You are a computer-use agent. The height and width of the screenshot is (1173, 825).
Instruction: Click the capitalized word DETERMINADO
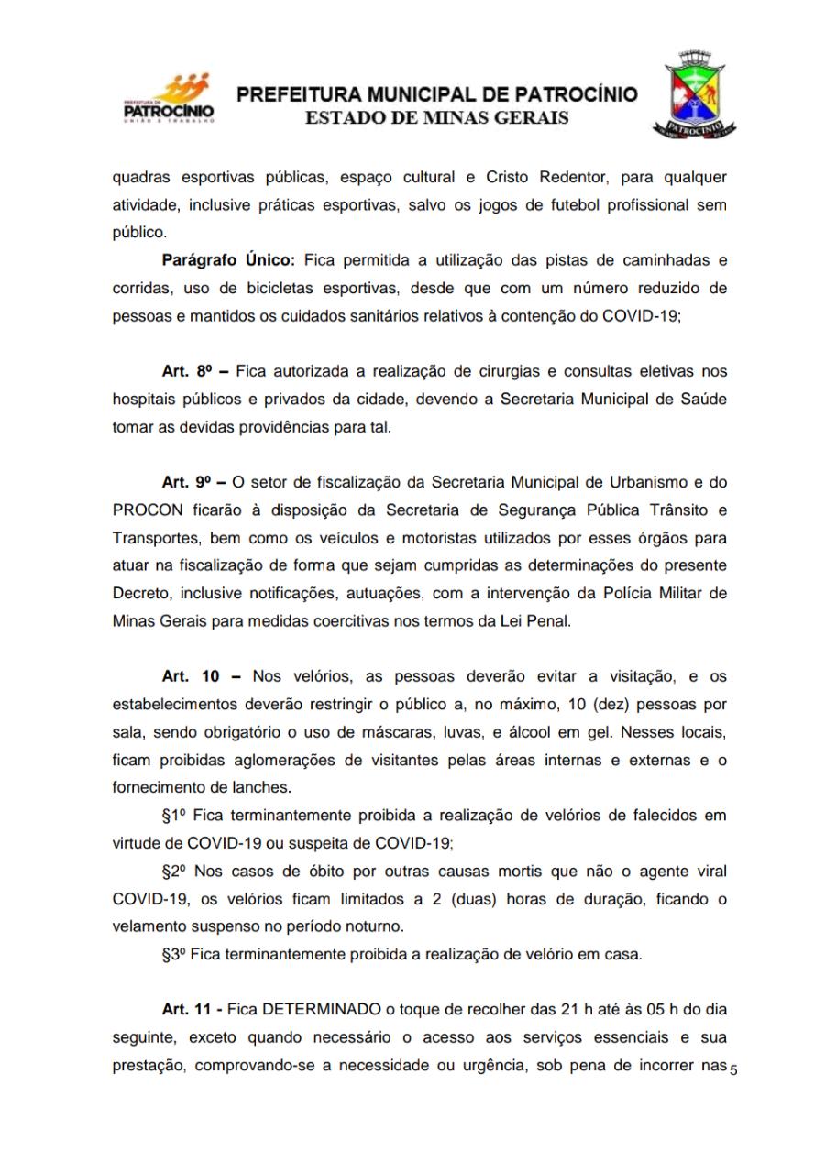tap(322, 1010)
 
